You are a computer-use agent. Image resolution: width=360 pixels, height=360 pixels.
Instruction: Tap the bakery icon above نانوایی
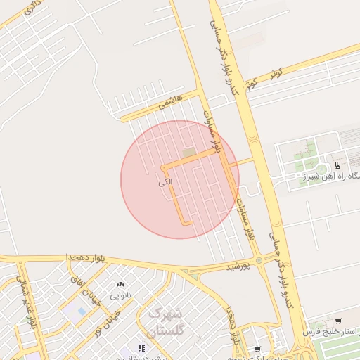point(120,285)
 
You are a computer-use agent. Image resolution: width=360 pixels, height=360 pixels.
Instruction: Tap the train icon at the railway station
point(337,166)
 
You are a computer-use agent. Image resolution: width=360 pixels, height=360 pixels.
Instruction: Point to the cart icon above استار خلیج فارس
point(338,321)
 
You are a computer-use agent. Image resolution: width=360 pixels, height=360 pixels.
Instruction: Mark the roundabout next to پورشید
point(259,261)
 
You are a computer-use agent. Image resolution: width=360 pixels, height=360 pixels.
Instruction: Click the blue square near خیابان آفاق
point(82,311)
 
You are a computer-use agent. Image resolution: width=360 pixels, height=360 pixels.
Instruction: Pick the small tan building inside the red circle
point(188,153)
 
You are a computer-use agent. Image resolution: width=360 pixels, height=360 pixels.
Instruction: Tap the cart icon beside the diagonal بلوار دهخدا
point(257,349)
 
